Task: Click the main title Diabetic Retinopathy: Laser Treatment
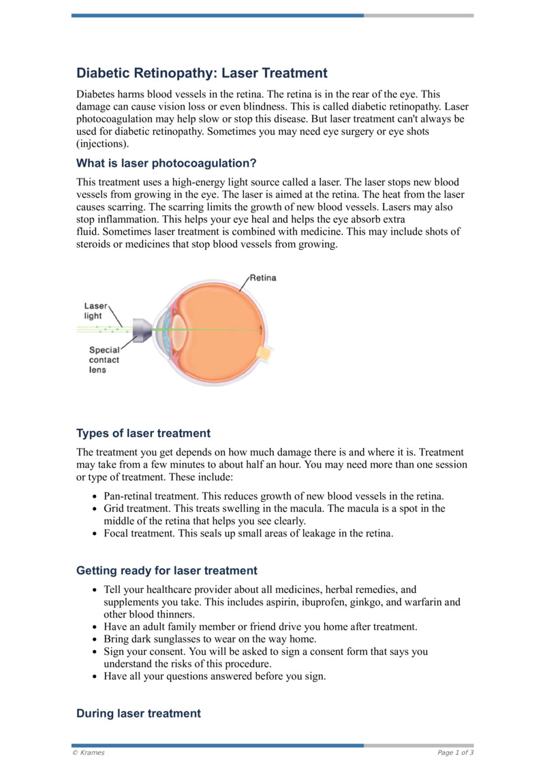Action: [202, 73]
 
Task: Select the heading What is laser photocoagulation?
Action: [166, 163]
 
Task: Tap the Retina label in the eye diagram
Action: [263, 278]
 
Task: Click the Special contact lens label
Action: [104, 359]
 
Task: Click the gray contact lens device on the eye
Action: [141, 330]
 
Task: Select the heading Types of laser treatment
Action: [143, 433]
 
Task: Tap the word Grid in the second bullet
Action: [115, 509]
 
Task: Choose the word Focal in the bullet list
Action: [117, 534]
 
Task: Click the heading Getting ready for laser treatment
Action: [167, 571]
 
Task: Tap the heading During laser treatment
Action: [138, 713]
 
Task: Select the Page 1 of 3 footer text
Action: [455, 752]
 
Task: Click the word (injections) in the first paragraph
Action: [102, 144]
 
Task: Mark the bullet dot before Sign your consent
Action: [93, 652]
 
